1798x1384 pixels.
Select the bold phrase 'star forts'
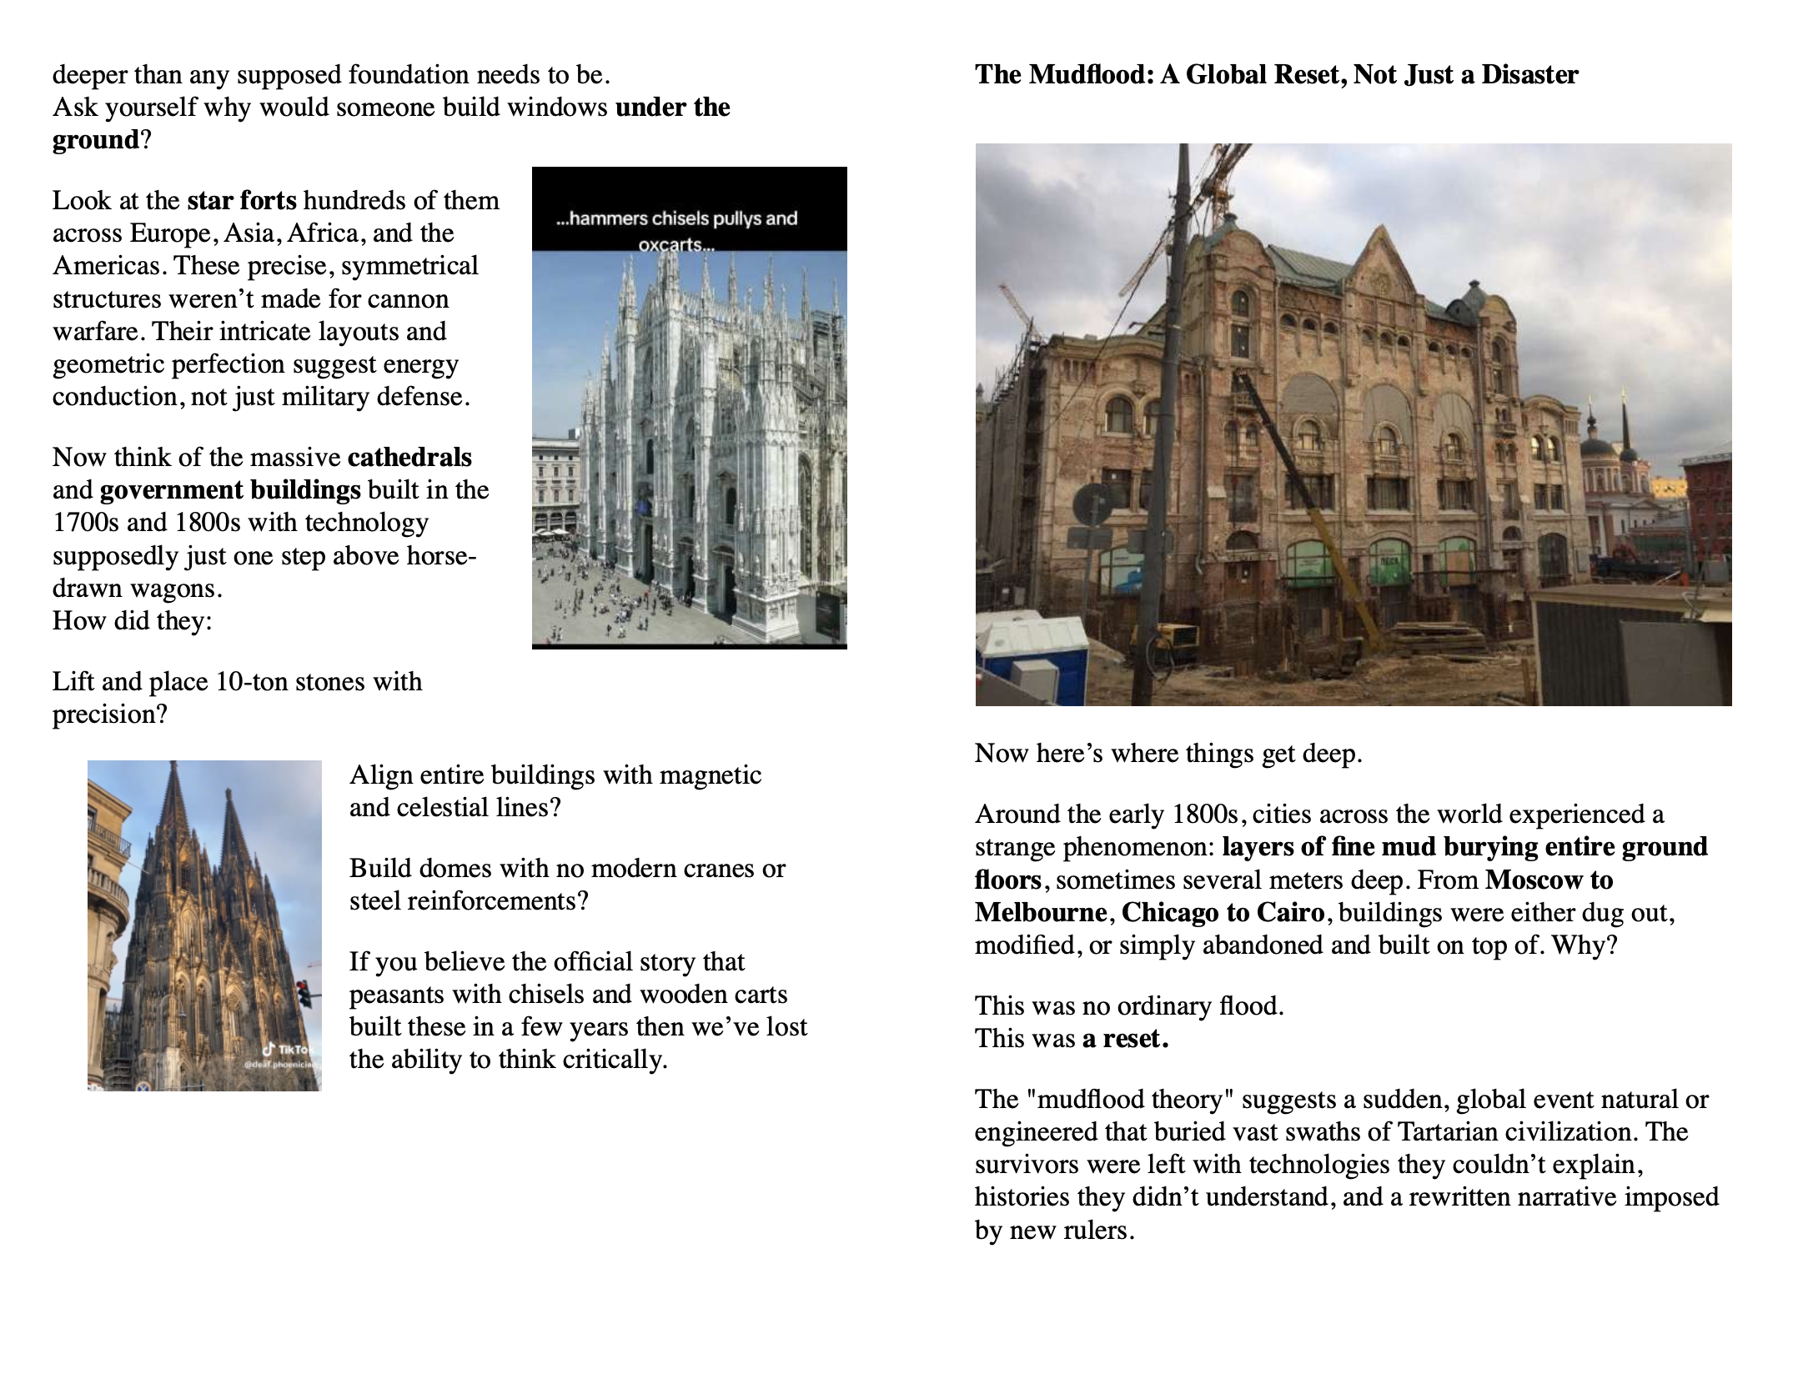pos(242,201)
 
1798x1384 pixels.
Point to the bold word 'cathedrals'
pos(409,458)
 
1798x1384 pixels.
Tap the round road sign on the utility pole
pos(1092,504)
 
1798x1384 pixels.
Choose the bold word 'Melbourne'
pos(1041,913)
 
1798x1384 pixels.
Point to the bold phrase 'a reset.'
pos(1125,1039)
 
